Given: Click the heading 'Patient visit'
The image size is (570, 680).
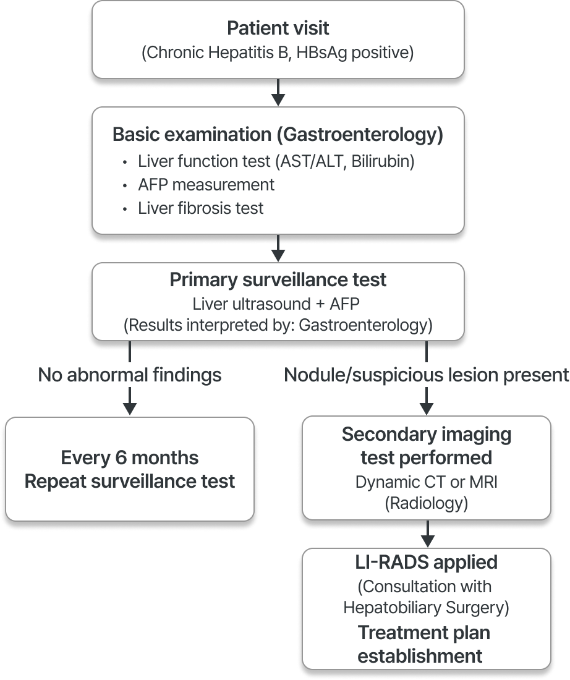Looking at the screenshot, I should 278,28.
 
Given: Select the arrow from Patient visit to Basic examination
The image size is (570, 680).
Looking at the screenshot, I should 278,92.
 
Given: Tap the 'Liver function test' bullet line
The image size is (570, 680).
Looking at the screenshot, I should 276,162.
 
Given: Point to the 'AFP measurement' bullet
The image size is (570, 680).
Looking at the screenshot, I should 206,185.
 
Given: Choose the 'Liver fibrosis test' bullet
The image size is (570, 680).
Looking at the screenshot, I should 200,208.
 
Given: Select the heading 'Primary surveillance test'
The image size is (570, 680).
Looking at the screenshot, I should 278,279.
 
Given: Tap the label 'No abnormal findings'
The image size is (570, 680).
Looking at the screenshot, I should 130,374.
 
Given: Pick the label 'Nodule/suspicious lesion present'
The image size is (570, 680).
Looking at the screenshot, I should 426,374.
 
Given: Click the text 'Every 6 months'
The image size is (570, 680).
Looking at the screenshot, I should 130,458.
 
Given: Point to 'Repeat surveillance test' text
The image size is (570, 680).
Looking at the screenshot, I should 130,481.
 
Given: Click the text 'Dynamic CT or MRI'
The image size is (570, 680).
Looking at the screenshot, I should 426,482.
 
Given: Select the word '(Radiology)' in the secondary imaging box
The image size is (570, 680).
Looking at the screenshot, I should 426,504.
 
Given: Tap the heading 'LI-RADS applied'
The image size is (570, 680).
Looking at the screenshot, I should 426,563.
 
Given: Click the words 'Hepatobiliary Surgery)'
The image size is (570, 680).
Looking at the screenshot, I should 426,608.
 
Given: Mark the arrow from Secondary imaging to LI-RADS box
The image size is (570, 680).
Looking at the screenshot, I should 427,533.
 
